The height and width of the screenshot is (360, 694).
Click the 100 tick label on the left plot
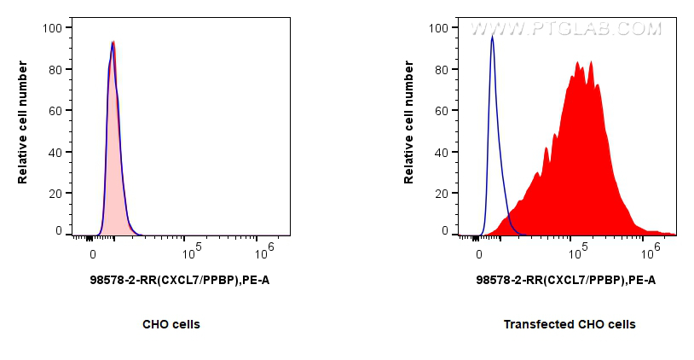click(52, 28)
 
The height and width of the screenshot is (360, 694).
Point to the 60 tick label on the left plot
click(55, 111)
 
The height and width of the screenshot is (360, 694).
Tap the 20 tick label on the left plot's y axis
click(55, 194)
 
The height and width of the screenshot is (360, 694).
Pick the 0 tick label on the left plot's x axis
click(92, 254)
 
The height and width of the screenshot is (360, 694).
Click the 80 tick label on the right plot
click(441, 70)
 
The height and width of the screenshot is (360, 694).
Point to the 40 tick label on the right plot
click(441, 153)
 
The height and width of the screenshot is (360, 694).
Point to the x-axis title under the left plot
click(180, 280)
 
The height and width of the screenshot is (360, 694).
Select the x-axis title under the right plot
click(566, 280)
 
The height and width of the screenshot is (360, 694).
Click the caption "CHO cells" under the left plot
click(171, 324)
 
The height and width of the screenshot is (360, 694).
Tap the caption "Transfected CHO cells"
click(569, 324)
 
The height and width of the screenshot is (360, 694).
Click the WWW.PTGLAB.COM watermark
click(566, 29)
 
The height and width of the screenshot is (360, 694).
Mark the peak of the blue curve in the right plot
click(492, 37)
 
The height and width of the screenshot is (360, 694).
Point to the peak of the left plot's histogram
click(113, 42)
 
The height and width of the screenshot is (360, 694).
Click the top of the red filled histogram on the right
click(578, 62)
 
